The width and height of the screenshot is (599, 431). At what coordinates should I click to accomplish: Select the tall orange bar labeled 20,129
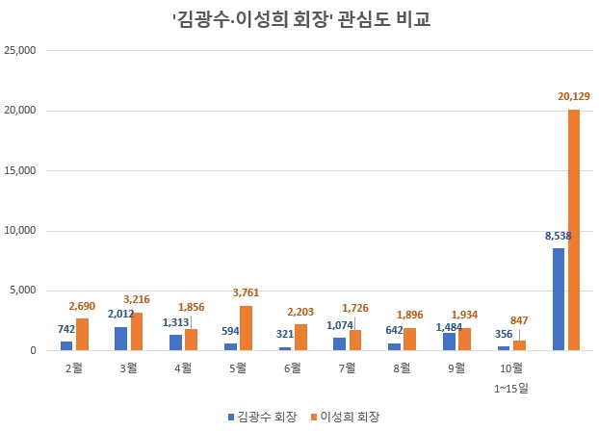[x=574, y=230]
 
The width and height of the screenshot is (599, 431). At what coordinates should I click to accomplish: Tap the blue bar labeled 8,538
[x=559, y=299]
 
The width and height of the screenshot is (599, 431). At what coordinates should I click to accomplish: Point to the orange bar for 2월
[x=82, y=334]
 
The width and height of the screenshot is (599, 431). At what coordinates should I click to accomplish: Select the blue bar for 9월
[x=449, y=342]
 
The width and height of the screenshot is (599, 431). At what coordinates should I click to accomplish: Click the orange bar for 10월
[x=520, y=345]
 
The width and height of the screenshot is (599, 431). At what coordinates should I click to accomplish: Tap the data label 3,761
[x=245, y=293]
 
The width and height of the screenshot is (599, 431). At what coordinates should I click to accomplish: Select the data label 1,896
[x=409, y=315]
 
